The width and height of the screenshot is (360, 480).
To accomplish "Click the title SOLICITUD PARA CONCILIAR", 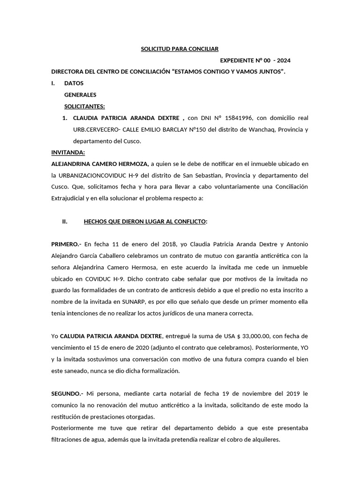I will [x=180, y=49].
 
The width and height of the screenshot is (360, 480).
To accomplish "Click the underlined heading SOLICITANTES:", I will [x=84, y=106].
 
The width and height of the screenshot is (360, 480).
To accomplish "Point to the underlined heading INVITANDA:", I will [x=68, y=152].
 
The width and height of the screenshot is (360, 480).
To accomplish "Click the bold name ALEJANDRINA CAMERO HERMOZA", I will [x=100, y=164].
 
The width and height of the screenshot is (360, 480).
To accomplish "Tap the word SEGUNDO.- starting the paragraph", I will [x=67, y=393].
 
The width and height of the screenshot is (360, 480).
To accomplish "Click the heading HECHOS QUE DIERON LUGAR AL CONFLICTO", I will [x=144, y=221].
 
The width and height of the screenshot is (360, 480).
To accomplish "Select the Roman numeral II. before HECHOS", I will [x=65, y=221].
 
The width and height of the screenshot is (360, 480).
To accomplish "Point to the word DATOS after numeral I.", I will [x=74, y=83].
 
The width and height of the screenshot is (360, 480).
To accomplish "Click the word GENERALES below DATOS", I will [x=80, y=95].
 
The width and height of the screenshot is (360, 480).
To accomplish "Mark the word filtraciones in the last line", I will [x=71, y=439].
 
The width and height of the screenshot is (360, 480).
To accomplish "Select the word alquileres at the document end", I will [x=264, y=439].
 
